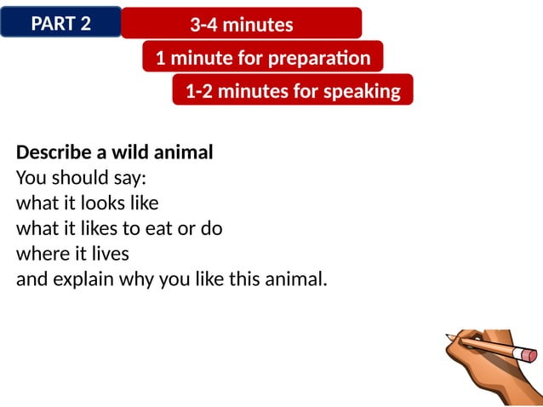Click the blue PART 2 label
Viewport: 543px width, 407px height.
(x=60, y=23)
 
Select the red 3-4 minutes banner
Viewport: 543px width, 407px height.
(x=241, y=25)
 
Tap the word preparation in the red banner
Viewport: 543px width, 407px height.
(x=319, y=59)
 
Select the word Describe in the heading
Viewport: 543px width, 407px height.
(x=51, y=153)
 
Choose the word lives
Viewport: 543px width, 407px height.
(x=107, y=254)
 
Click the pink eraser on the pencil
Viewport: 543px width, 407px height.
(x=529, y=353)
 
